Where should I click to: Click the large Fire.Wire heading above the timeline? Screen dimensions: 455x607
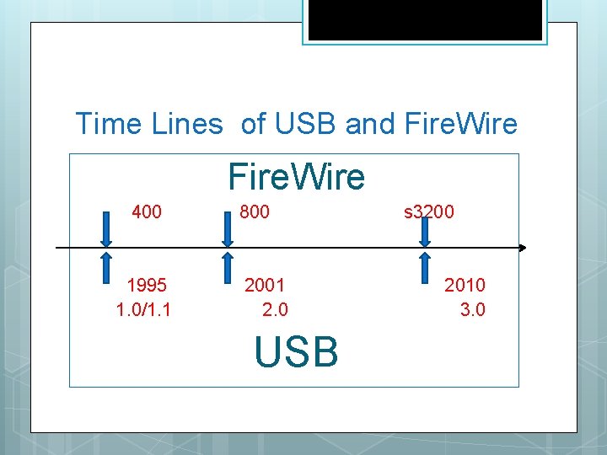point(296,177)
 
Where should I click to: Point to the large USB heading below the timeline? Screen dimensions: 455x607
point(296,351)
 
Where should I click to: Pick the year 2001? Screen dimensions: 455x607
point(265,285)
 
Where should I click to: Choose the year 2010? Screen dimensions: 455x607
point(465,285)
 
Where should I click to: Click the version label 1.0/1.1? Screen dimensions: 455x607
point(143,309)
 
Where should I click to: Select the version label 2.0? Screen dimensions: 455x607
point(274,309)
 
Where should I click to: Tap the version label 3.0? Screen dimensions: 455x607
point(472,309)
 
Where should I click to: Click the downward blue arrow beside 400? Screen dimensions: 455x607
point(107,228)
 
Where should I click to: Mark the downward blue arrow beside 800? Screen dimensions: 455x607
point(226,228)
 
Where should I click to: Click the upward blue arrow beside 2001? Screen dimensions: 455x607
point(226,266)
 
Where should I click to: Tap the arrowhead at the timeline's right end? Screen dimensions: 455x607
point(522,248)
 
